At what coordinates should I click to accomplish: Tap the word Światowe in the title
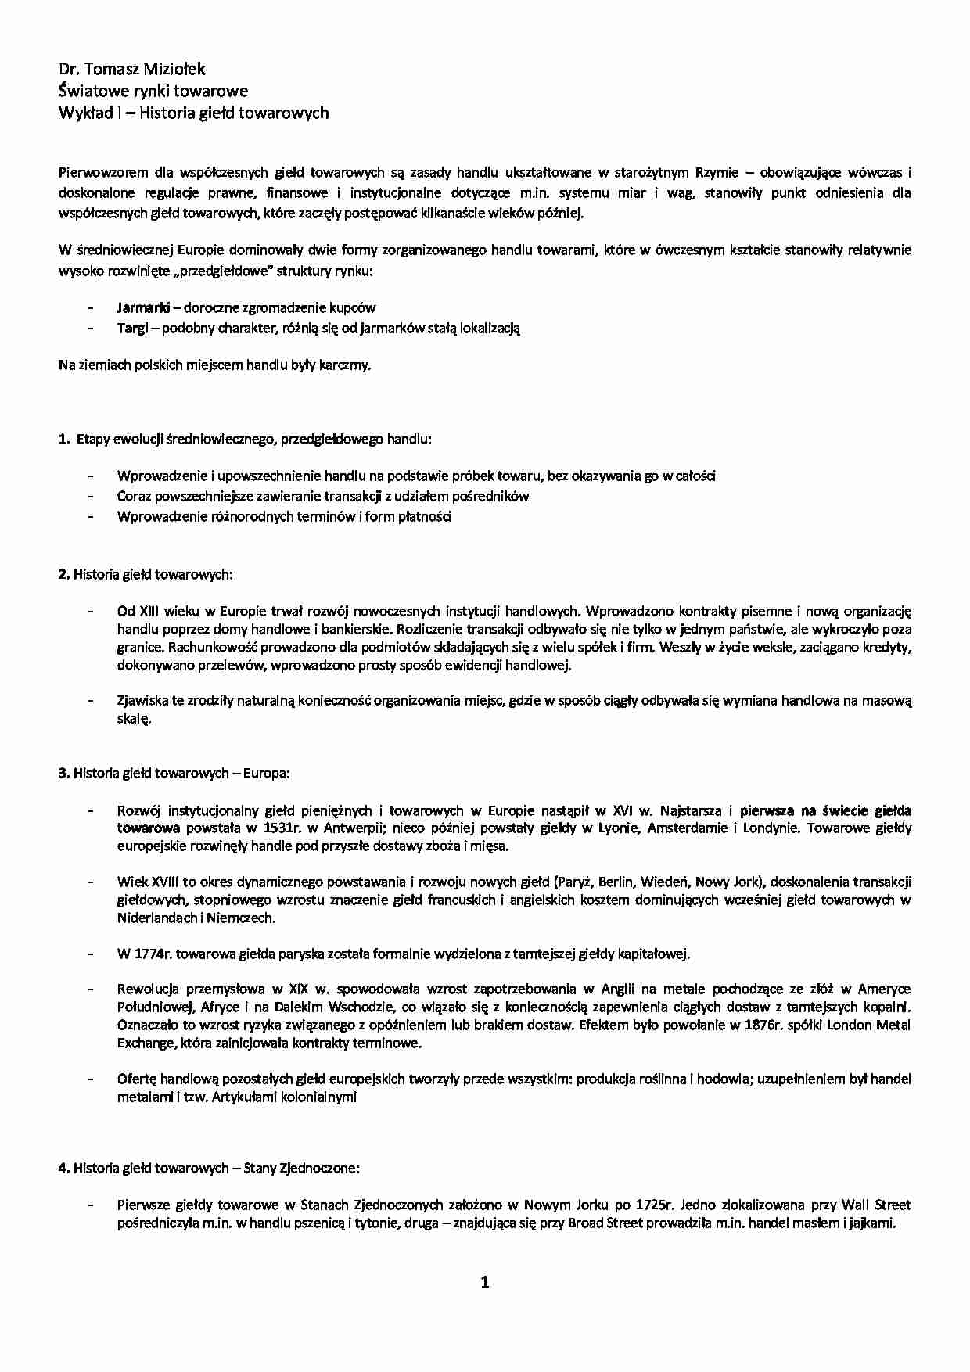point(90,92)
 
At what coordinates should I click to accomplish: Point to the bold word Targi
point(132,329)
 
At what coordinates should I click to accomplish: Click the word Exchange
point(145,1043)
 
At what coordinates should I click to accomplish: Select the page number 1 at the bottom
point(485,1282)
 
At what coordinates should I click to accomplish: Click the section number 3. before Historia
point(63,774)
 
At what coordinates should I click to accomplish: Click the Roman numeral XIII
point(149,611)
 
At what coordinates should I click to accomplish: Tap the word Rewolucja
point(149,989)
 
